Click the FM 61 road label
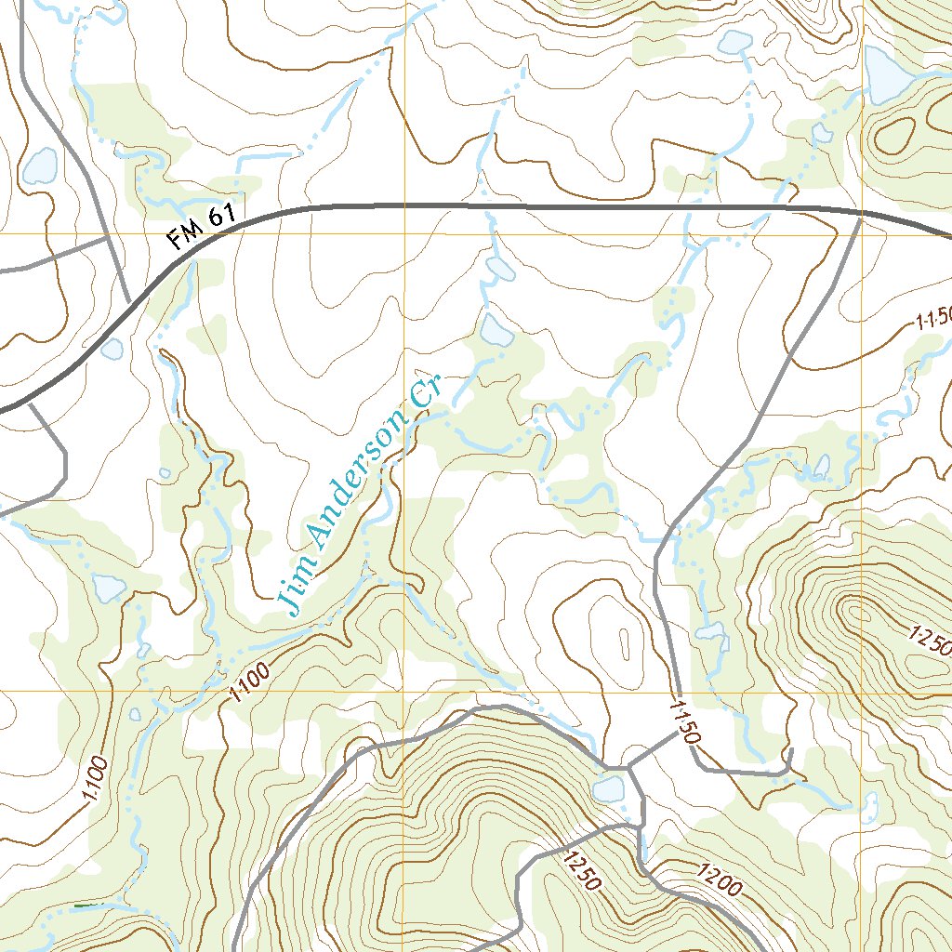202,229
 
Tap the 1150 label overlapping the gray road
683,721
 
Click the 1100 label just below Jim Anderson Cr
248,681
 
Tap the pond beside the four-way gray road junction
609,790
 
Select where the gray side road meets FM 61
860,216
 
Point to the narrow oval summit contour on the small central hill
620,641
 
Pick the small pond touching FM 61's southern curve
112,349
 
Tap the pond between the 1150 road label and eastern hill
712,632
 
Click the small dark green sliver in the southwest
88,906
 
